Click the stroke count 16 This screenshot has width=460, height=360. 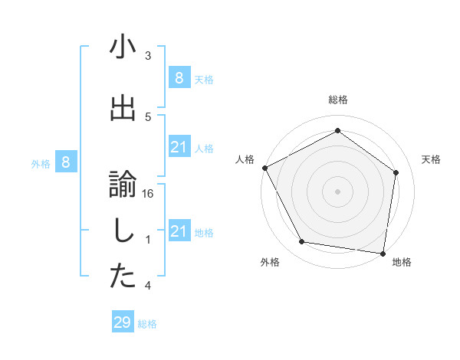tap(148, 195)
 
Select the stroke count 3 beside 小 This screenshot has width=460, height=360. tap(148, 56)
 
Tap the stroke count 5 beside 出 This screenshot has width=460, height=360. tap(148, 116)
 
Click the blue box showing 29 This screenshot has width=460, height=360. tap(122, 322)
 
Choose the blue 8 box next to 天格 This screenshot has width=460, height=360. tap(179, 77)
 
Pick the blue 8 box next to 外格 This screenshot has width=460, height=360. tap(66, 162)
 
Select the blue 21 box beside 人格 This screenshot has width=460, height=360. tap(179, 147)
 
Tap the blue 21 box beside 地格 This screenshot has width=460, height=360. tap(179, 231)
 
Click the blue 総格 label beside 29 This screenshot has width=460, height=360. tap(147, 324)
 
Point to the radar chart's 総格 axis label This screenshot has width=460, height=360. tap(337, 100)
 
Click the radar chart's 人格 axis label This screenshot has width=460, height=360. tap(245, 159)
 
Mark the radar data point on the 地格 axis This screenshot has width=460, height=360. tap(383, 253)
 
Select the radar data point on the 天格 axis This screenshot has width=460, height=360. tap(396, 172)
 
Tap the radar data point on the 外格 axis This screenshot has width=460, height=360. tap(302, 242)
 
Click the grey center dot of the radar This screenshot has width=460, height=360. tap(337, 191)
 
